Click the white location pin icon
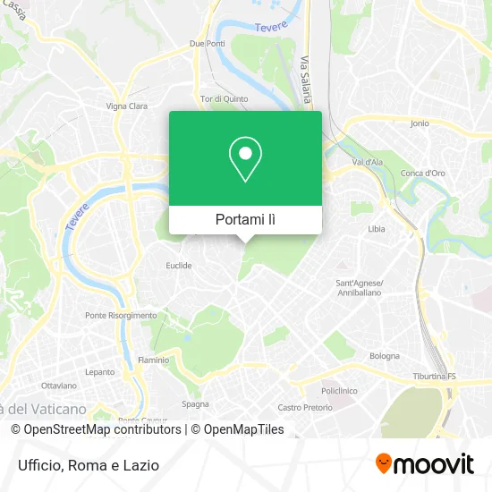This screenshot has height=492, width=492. [x=245, y=159]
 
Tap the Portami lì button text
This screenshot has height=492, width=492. [x=245, y=219]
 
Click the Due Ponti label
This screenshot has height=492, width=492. [x=207, y=43]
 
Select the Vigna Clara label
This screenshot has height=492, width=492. [x=127, y=106]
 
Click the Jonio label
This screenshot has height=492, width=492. [x=420, y=123]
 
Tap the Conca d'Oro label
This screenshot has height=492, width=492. [x=423, y=173]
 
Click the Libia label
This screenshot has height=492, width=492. [x=377, y=229]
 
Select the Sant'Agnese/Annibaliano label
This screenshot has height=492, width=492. [x=359, y=288]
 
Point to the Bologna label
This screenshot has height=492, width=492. [x=385, y=356]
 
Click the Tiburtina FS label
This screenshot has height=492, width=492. [x=434, y=377]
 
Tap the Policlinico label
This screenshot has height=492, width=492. [x=339, y=390]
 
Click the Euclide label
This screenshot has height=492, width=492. [x=179, y=265]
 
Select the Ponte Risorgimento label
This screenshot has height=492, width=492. [x=121, y=315]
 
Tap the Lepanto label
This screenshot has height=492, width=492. [x=99, y=371]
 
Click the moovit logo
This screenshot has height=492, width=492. [x=424, y=463]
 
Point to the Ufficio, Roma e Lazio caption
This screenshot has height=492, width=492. [x=87, y=465]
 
